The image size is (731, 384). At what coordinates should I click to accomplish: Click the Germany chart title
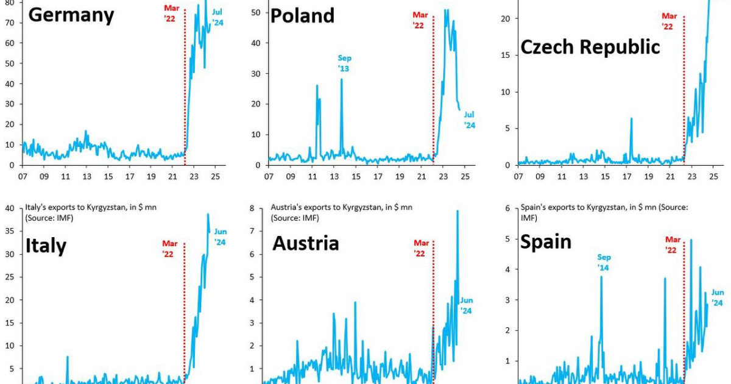[x=71, y=15]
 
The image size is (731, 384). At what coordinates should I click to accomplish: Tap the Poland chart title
[x=302, y=15]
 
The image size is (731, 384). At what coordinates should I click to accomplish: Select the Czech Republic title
[x=590, y=47]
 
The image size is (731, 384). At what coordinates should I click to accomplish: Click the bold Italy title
[x=46, y=246]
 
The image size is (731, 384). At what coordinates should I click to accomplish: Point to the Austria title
[x=305, y=244]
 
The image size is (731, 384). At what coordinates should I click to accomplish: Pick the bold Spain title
[x=545, y=242]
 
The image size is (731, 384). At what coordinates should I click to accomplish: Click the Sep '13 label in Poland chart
[x=344, y=63]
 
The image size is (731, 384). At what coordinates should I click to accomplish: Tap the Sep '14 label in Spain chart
[x=604, y=263]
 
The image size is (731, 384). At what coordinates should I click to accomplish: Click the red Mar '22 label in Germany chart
[x=172, y=13]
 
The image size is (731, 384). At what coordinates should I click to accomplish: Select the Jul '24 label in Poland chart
[x=469, y=120]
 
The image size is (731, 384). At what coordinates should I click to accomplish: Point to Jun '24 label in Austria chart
[x=466, y=305]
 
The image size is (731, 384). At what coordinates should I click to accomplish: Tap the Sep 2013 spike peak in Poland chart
[x=341, y=79]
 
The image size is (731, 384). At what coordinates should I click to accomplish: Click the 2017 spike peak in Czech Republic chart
[x=631, y=118]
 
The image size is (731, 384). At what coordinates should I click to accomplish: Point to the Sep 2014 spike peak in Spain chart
[x=601, y=277]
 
